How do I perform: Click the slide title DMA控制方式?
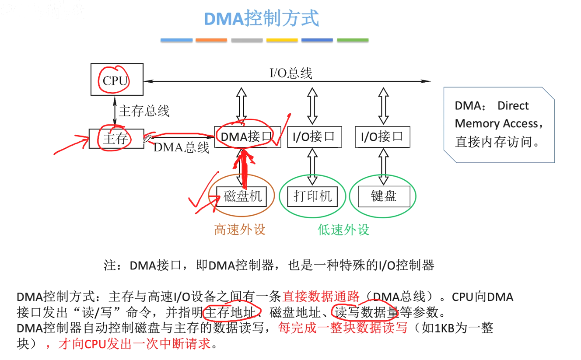pyautogui.click(x=262, y=19)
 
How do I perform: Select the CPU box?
pyautogui.click(x=116, y=80)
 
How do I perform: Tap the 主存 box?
pyautogui.click(x=116, y=138)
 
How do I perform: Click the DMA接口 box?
pyautogui.click(x=247, y=137)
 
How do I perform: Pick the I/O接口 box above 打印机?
pyautogui.click(x=314, y=137)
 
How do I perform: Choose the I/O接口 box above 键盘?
pyautogui.click(x=382, y=137)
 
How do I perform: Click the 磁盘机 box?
pyautogui.click(x=242, y=196)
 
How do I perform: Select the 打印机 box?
pyautogui.click(x=313, y=196)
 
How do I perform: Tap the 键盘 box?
pyautogui.click(x=384, y=196)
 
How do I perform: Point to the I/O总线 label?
pyautogui.click(x=291, y=73)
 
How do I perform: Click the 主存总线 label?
pyautogui.click(x=144, y=111)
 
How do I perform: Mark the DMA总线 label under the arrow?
pyautogui.click(x=181, y=147)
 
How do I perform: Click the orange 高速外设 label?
pyautogui.click(x=240, y=229)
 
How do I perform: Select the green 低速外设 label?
pyautogui.click(x=343, y=229)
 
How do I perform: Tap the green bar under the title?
pyautogui.click(x=353, y=40)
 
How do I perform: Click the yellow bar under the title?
pyautogui.click(x=282, y=40)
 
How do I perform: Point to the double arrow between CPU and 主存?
pyautogui.click(x=115, y=112)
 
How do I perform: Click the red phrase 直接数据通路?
pyautogui.click(x=321, y=297)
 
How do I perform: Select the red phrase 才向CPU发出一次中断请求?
pyautogui.click(x=134, y=344)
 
